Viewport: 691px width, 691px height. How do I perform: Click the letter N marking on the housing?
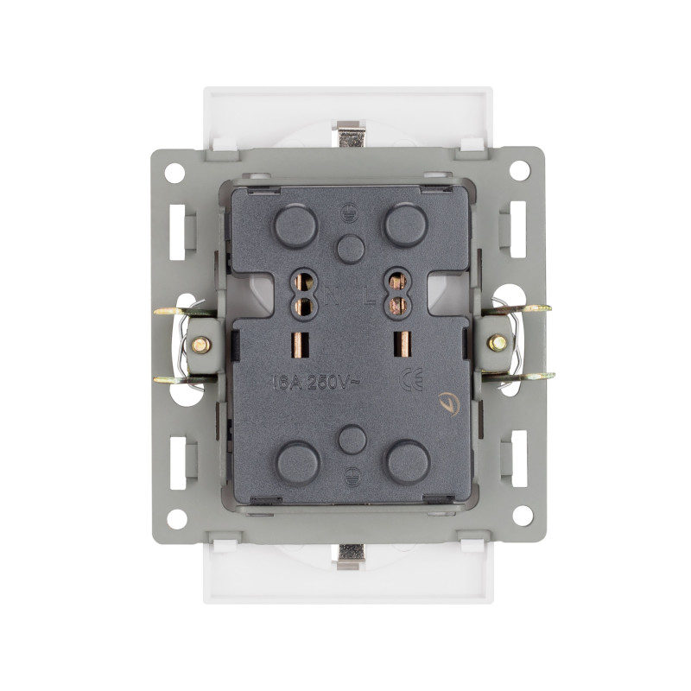pos(332,299)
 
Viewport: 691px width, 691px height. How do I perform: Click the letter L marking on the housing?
pos(369,299)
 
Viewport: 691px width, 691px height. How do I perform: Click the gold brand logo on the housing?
pos(449,403)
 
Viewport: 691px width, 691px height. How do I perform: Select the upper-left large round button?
pos(295,226)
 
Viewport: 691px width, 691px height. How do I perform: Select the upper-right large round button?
pos(405,226)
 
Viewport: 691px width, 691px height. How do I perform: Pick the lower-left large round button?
pos(297,462)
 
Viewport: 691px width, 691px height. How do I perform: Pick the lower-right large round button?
pos(408,462)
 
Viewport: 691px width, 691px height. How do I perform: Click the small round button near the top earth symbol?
pos(351,249)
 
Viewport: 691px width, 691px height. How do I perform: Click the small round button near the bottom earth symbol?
pos(352,440)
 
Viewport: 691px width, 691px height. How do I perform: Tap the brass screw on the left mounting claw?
pos(201,345)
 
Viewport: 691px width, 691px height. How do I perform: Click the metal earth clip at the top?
pos(349,133)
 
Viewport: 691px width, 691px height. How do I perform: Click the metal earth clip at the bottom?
pos(350,556)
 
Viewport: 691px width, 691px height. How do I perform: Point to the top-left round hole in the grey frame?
pos(174,172)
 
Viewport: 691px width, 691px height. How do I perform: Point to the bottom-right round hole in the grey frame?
pos(522,516)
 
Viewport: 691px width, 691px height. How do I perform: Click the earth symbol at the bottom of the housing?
pos(352,474)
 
